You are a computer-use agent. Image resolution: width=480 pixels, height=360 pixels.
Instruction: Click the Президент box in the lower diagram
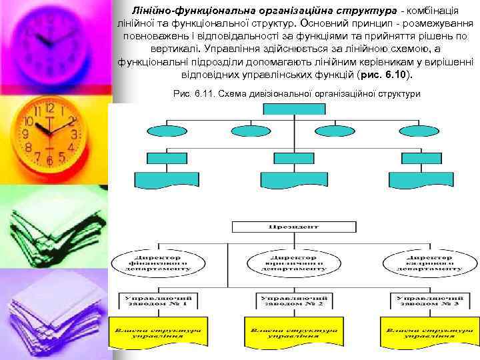point(291,227)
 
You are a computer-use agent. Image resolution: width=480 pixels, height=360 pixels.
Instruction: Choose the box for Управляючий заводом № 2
point(292,300)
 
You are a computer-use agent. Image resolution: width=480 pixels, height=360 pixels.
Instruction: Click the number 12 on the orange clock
point(49,109)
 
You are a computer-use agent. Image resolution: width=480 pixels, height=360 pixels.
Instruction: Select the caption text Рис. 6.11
point(189,93)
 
